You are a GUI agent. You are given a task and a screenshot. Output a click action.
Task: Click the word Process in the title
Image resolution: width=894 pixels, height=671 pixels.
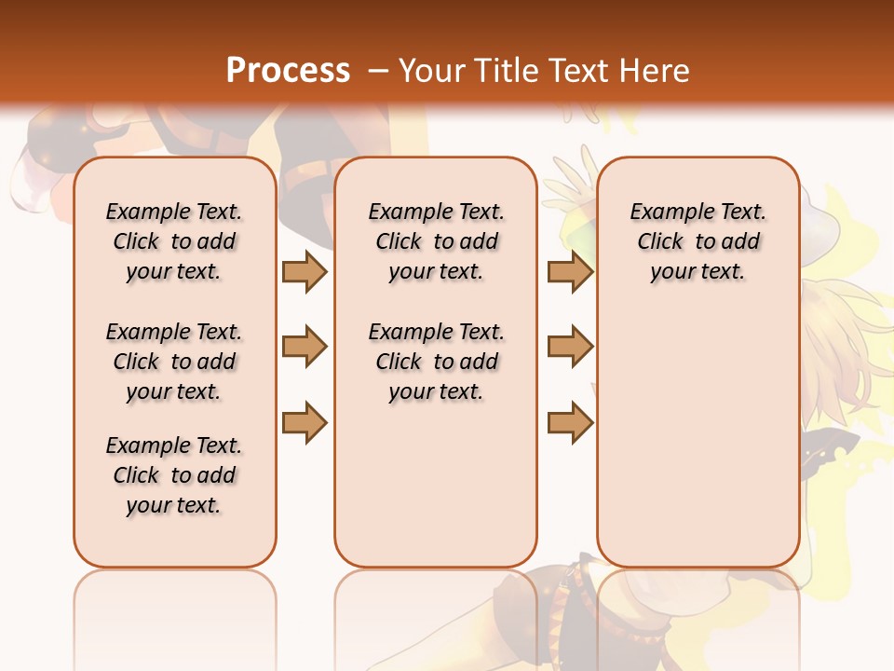pyautogui.click(x=288, y=71)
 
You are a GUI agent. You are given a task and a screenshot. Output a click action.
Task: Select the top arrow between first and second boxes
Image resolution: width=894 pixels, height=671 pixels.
pyautogui.click(x=305, y=271)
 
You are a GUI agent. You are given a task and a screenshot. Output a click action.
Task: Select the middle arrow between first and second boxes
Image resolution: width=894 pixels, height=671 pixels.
pyautogui.click(x=305, y=347)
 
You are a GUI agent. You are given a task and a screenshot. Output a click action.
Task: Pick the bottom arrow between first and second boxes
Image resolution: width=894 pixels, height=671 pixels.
pyautogui.click(x=305, y=422)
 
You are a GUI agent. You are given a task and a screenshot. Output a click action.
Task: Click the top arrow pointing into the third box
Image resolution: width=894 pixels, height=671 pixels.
pyautogui.click(x=570, y=271)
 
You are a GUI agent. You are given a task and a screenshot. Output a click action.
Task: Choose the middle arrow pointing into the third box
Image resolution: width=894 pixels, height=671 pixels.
pyautogui.click(x=570, y=347)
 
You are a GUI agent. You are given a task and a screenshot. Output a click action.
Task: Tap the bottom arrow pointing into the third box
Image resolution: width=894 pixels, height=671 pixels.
pyautogui.click(x=570, y=422)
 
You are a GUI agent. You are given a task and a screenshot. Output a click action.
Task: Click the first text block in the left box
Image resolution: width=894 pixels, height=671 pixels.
pyautogui.click(x=174, y=241)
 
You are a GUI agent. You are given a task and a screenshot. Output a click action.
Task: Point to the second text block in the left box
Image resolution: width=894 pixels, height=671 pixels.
pyautogui.click(x=174, y=362)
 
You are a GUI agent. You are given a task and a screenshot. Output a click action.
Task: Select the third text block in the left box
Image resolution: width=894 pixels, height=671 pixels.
pyautogui.click(x=174, y=475)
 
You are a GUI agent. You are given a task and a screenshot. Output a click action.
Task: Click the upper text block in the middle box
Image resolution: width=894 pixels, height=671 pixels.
pyautogui.click(x=436, y=241)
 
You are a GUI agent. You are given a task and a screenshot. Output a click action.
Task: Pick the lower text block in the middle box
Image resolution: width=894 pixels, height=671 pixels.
pyautogui.click(x=436, y=362)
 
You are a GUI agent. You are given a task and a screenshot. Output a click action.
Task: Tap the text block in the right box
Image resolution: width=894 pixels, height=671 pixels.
pyautogui.click(x=698, y=241)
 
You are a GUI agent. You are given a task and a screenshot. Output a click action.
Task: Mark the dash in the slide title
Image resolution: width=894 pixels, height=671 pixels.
pyautogui.click(x=378, y=71)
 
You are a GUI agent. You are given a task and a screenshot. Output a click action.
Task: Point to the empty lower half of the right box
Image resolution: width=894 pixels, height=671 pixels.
pyautogui.click(x=698, y=447)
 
